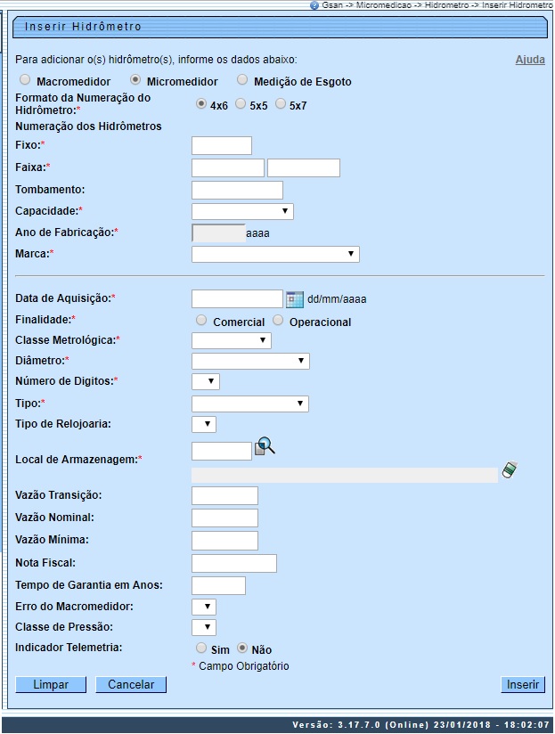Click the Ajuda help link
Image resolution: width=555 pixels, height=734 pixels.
530,60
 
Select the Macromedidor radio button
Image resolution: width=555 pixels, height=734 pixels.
26,80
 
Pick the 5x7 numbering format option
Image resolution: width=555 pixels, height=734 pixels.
281,104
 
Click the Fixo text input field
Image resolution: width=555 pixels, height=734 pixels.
222,145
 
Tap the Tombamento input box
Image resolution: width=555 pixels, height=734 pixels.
237,190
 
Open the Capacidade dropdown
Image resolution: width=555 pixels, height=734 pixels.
242,211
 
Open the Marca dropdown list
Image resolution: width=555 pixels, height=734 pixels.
275,255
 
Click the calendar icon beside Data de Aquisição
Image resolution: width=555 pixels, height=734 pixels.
295,299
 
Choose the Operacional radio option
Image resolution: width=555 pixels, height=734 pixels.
278,321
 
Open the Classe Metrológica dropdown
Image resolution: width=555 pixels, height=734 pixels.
232,340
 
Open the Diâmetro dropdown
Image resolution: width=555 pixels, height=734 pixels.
250,361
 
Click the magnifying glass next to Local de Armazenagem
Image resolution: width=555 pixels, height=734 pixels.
265,446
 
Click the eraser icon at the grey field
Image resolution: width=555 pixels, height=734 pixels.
510,469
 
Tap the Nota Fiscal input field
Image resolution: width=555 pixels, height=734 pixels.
234,563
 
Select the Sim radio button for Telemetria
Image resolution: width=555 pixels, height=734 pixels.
201,648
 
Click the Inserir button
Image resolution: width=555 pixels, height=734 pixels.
523,685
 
